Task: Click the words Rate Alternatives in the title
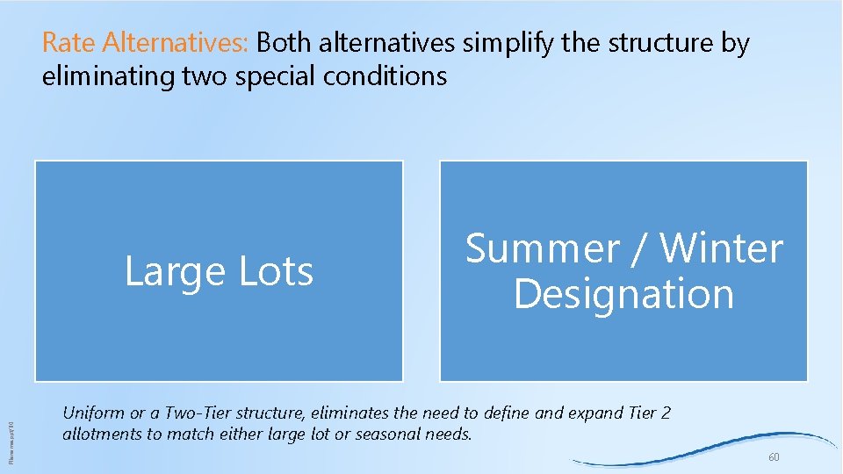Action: click(x=146, y=43)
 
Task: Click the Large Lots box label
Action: click(x=219, y=271)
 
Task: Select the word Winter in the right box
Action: click(x=721, y=249)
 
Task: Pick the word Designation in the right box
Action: click(x=623, y=293)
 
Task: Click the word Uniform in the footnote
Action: click(x=93, y=413)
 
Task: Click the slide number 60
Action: click(x=774, y=458)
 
